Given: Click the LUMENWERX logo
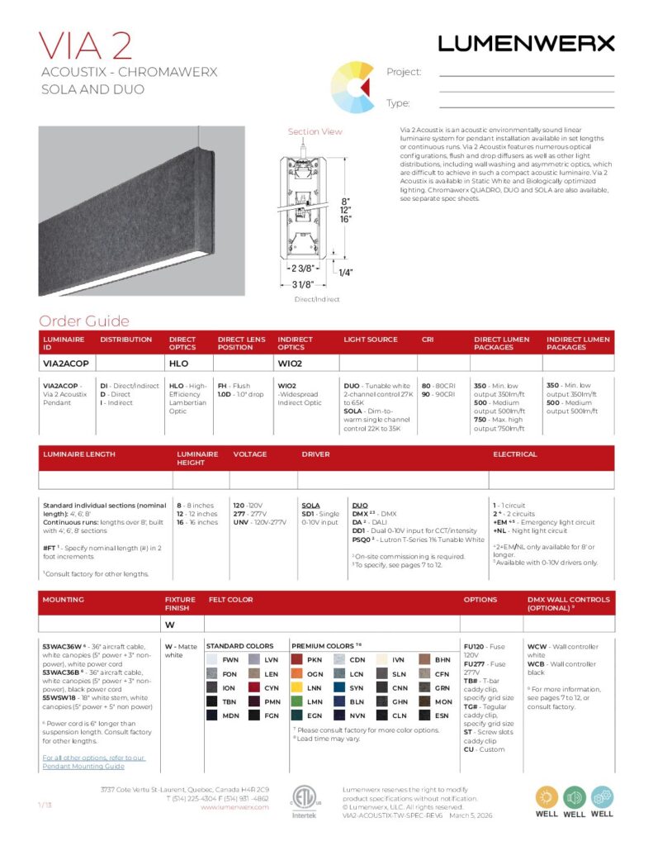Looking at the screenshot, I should (x=526, y=43).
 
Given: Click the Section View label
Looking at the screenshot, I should (x=315, y=132).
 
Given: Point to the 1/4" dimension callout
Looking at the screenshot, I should (x=345, y=272).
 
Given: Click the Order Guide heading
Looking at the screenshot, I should (x=84, y=321).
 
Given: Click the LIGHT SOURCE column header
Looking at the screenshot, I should (x=371, y=340).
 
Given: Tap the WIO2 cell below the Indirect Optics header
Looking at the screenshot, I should (x=290, y=363).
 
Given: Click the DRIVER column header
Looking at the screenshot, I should (x=316, y=454).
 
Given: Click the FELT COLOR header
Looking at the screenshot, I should (x=230, y=599).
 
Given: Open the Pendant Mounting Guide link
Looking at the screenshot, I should (x=93, y=762).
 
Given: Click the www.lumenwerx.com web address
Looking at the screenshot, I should (x=234, y=807).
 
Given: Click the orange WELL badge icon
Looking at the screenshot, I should (x=547, y=797).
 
